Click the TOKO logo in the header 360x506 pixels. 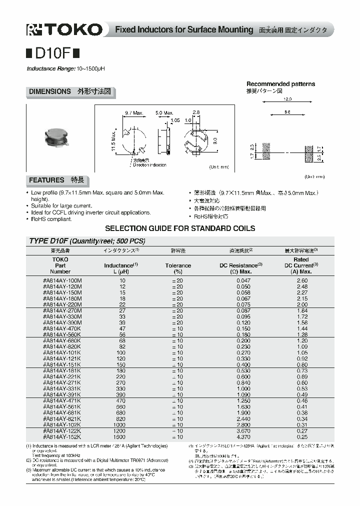point(64,30)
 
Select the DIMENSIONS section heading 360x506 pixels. point(49,92)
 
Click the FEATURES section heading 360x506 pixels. point(46,180)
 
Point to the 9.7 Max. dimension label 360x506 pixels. point(133,113)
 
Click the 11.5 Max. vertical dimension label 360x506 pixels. point(113,142)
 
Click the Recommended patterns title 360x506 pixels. point(280,84)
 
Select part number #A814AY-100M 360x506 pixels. point(62,281)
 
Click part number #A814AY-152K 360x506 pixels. point(62,436)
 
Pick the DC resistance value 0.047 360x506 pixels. point(243,281)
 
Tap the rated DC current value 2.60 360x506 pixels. point(302,281)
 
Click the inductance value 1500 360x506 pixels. point(121,436)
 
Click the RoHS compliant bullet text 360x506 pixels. point(51,218)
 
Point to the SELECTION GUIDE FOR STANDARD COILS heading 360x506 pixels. point(180,228)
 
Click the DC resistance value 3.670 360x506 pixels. point(243,431)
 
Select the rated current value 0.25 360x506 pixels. point(302,436)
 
